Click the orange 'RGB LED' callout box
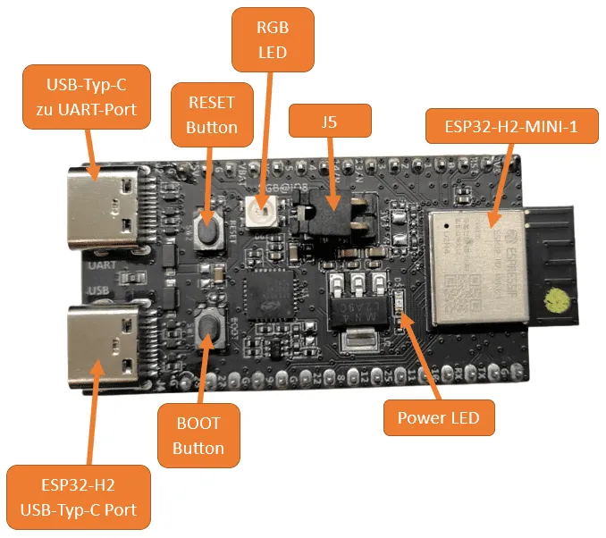click(272, 40)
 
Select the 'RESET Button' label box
click(212, 115)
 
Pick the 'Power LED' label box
click(438, 417)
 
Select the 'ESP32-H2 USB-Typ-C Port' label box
click(78, 498)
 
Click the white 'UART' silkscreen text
click(100, 265)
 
